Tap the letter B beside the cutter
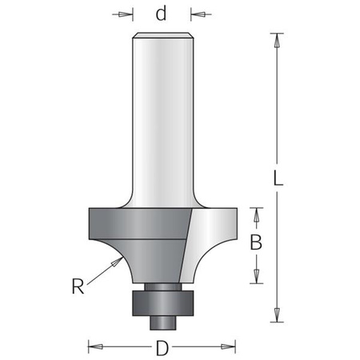[x=257, y=243]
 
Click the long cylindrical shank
[x=162, y=120]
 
